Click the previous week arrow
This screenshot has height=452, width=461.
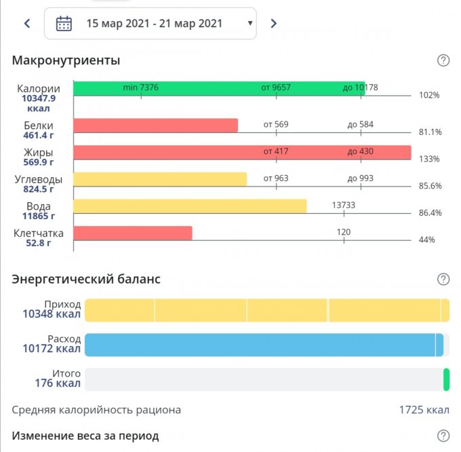[x=27, y=24]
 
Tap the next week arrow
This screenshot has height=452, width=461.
[x=273, y=24]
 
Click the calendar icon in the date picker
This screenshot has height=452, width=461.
[x=64, y=24]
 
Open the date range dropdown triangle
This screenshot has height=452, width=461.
[x=250, y=24]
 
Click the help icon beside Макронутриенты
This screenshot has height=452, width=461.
[x=443, y=60]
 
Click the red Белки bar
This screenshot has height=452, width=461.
[x=155, y=126]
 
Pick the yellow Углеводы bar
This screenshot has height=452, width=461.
[x=159, y=179]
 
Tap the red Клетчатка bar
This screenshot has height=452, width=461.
[x=132, y=233]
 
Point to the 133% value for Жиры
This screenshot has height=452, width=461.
[x=428, y=159]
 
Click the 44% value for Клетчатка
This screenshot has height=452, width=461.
[x=426, y=240]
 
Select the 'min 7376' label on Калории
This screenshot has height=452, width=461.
[x=141, y=88]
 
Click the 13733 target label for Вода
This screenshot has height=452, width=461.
[x=344, y=205]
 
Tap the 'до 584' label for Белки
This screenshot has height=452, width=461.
[x=361, y=124]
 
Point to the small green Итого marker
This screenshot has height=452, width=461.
[x=446, y=379]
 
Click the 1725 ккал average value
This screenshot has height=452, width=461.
[x=424, y=410]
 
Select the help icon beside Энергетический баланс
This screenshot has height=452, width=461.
[x=443, y=279]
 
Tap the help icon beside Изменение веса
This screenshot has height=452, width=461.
[x=443, y=436]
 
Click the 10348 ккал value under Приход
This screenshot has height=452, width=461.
[x=52, y=314]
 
